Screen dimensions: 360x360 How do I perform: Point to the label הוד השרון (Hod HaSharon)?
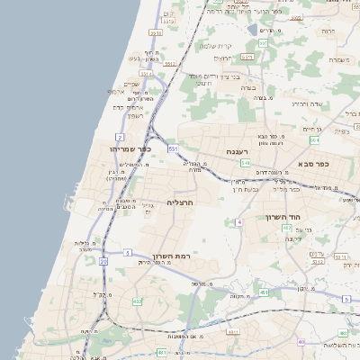coord(287,217)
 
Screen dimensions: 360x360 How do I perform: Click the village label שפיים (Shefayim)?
coord(131,84)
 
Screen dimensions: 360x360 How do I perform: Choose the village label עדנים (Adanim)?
coord(316,254)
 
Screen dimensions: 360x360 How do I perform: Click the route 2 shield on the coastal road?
coord(120,137)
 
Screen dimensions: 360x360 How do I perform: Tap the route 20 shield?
coord(103,261)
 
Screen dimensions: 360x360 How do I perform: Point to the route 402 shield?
coord(136,301)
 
